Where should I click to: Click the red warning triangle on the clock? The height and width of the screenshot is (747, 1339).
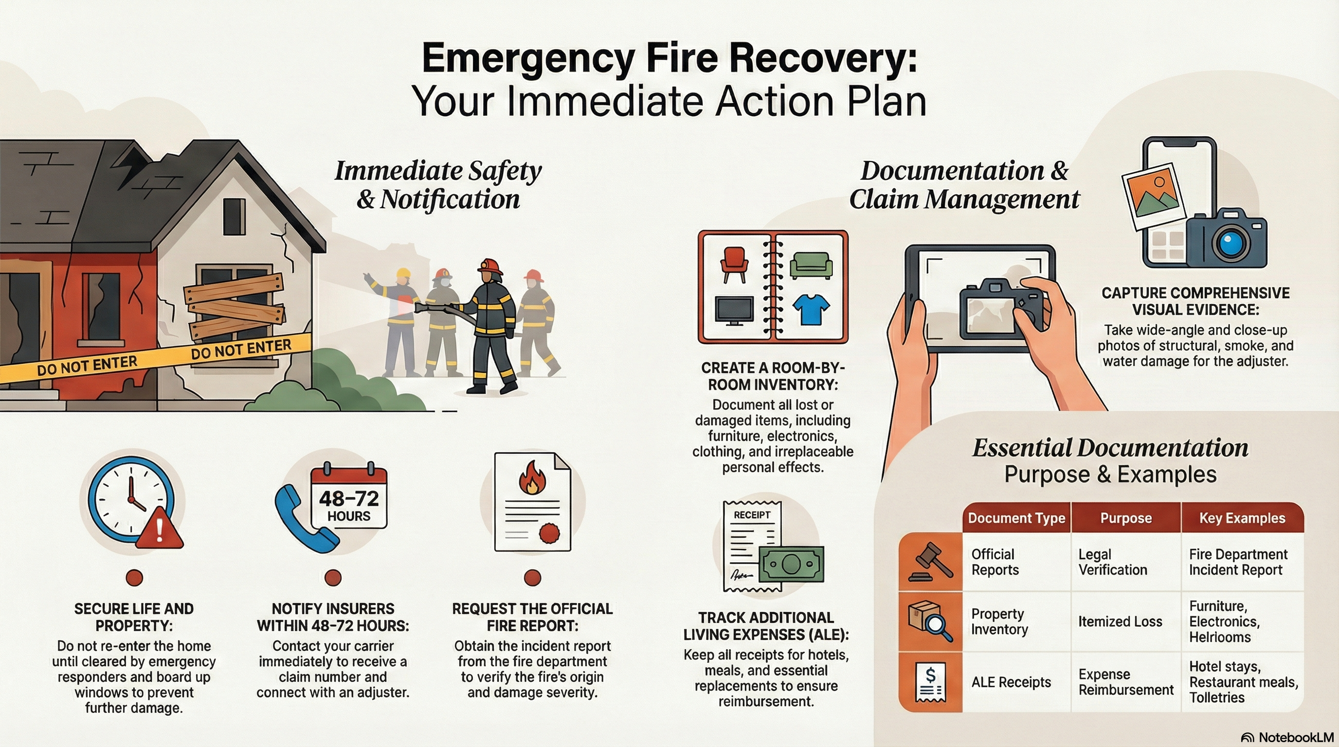[159, 531]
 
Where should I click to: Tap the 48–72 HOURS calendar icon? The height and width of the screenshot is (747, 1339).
[349, 498]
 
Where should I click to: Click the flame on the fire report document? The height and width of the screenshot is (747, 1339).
[532, 478]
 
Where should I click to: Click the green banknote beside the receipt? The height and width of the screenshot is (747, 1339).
[791, 565]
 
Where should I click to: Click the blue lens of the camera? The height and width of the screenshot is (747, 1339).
[1230, 242]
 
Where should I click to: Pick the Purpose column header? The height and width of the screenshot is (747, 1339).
[1125, 518]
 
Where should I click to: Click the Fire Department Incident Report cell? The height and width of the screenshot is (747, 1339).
[1238, 562]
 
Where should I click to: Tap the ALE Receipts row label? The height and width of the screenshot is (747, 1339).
[1011, 682]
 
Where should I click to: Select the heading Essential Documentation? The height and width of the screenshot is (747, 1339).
[1110, 448]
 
